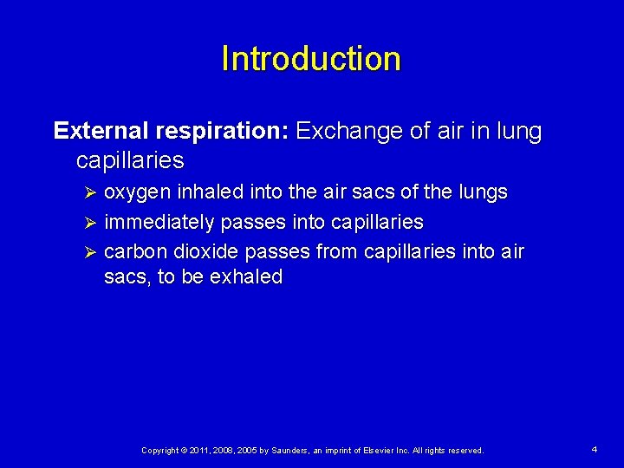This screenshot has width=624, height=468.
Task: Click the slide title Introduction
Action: point(311,59)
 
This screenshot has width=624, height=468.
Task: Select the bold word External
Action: point(101,132)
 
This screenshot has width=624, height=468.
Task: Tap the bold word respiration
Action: point(220,132)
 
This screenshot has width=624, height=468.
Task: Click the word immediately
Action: point(159,222)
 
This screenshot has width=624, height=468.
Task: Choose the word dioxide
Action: point(206,251)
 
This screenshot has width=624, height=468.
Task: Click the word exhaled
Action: point(246,277)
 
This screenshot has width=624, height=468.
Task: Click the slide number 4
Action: point(594,450)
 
